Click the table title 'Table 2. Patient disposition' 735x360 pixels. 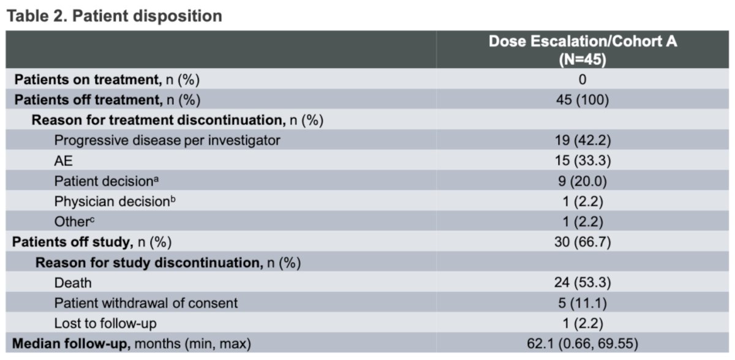click(114, 16)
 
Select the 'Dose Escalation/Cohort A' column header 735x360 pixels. click(582, 42)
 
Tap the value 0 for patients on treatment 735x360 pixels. click(582, 80)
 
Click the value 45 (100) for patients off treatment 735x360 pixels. click(582, 100)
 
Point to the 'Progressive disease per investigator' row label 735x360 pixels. click(167, 140)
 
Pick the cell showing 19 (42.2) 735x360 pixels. click(582, 140)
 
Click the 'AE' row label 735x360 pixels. click(63, 161)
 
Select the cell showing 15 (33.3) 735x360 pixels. click(582, 160)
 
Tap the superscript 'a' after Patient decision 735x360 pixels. click(156, 179)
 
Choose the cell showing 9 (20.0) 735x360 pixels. click(582, 181)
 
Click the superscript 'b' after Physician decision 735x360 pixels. click(173, 199)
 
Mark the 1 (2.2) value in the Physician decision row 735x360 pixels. click(582, 201)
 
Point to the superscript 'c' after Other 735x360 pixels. click(92, 220)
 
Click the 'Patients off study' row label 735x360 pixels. click(72, 242)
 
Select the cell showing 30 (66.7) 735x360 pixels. click(582, 242)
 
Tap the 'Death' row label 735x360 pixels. click(73, 283)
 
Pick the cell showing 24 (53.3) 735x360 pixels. click(582, 282)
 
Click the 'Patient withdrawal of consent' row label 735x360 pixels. click(146, 303)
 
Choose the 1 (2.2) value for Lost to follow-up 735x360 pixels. click(582, 323)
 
